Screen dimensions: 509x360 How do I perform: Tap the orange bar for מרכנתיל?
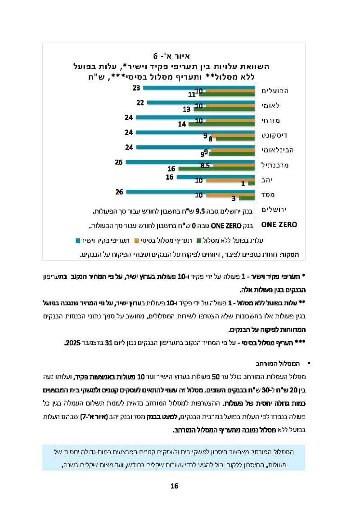coord(234,165)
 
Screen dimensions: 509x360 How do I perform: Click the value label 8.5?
coord(205,165)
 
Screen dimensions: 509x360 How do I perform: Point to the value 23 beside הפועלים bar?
coord(136,87)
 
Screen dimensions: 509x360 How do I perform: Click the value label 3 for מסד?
coord(234,198)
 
